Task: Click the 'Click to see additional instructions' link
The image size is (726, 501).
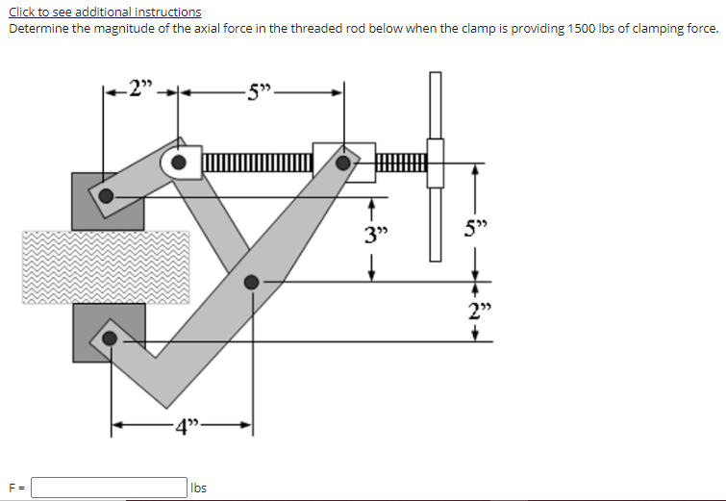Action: [x=105, y=12]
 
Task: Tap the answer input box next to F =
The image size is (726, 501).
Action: [x=110, y=488]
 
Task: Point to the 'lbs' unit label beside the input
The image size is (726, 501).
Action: [x=199, y=488]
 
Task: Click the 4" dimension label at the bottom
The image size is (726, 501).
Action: [x=182, y=427]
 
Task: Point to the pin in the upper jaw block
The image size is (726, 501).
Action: [x=106, y=196]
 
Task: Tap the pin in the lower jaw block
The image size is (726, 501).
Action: [x=111, y=338]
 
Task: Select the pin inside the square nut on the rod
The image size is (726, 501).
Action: [x=343, y=162]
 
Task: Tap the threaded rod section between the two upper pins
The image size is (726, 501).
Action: [x=257, y=163]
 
